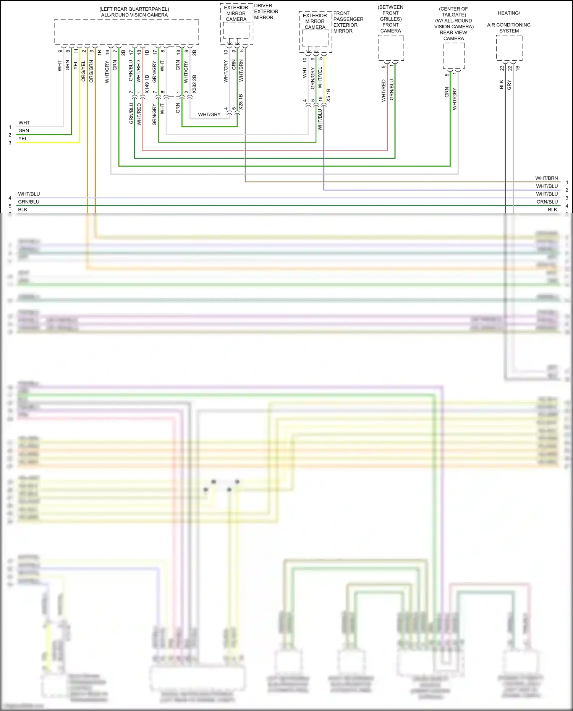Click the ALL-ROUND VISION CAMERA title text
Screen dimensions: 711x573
pyautogui.click(x=134, y=15)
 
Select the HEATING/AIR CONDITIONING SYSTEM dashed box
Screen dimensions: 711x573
pyautogui.click(x=509, y=48)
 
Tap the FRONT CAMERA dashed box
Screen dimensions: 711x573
pyautogui.click(x=391, y=48)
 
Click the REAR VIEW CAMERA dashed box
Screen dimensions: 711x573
pyautogui.click(x=454, y=55)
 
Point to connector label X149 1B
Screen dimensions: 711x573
pyautogui.click(x=147, y=84)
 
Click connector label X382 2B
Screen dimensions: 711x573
pyautogui.click(x=194, y=84)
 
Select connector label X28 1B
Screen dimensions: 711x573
pyautogui.click(x=241, y=102)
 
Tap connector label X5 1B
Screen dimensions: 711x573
pyautogui.click(x=329, y=95)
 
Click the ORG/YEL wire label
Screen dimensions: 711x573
pyautogui.click(x=83, y=71)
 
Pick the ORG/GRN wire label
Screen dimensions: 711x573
pyautogui.click(x=91, y=71)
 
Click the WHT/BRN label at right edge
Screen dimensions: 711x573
pyautogui.click(x=546, y=178)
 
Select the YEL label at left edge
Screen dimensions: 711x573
pyautogui.click(x=23, y=138)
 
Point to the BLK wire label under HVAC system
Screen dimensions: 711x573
pyautogui.click(x=501, y=84)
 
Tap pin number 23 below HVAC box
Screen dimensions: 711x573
pyautogui.click(x=502, y=68)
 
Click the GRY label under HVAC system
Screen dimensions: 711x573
pyautogui.click(x=509, y=85)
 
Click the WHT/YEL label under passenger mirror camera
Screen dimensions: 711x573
pyautogui.click(x=320, y=78)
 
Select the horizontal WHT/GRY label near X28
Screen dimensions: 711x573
pyautogui.click(x=209, y=114)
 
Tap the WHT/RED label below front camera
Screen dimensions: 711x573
pyautogui.click(x=384, y=91)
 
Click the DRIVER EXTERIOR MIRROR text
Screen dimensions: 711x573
pyautogui.click(x=266, y=11)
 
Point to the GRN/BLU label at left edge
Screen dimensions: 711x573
pyautogui.click(x=29, y=202)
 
